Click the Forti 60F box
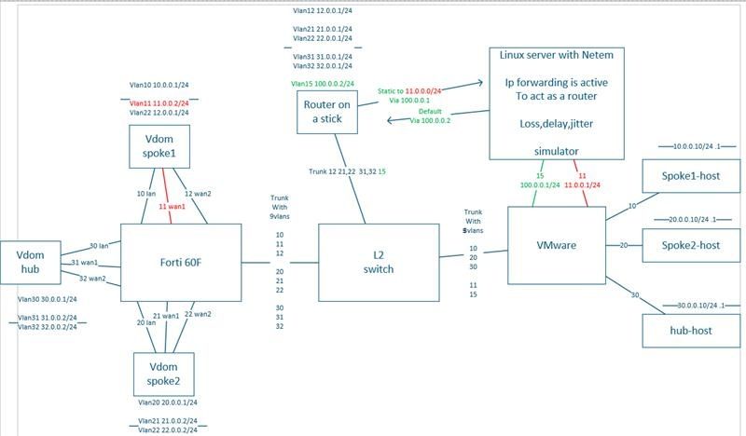pyautogui.click(x=183, y=263)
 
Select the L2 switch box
pyautogui.click(x=378, y=262)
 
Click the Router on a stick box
pyautogui.click(x=325, y=112)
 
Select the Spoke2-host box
pyautogui.click(x=690, y=245)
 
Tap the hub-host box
pyautogui.click(x=690, y=330)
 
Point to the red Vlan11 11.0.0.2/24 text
pyautogui.click(x=159, y=103)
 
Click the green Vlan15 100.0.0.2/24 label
pyautogui.click(x=322, y=84)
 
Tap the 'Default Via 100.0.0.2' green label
pyautogui.click(x=429, y=116)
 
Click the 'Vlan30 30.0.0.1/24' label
pyautogui.click(x=47, y=299)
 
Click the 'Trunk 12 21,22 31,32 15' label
pyautogui.click(x=347, y=171)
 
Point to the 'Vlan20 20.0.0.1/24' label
pyautogui.click(x=167, y=402)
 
